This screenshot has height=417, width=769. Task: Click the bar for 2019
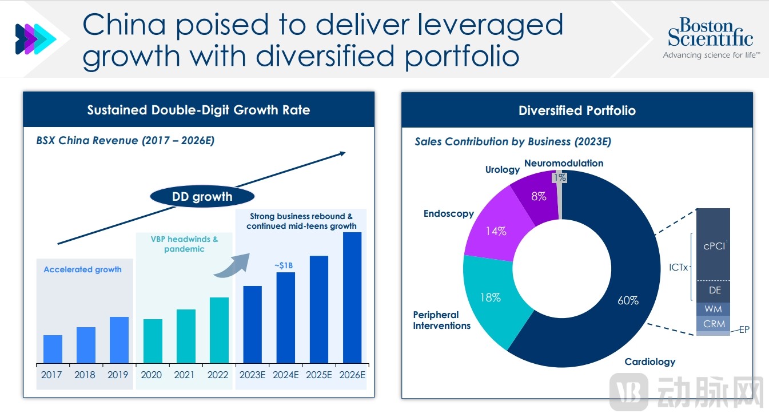tap(119, 340)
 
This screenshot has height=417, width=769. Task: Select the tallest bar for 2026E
tap(352, 297)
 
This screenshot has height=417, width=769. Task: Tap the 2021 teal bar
tap(186, 336)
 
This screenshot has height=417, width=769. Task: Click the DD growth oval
tap(202, 197)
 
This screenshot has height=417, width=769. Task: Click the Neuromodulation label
tap(563, 163)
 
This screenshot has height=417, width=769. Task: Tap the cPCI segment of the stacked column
tap(714, 245)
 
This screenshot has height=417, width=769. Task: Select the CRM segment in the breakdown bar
tap(714, 324)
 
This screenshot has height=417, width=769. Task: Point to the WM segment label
tap(714, 309)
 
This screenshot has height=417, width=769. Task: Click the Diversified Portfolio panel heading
tap(577, 110)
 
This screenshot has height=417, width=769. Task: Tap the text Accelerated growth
tap(83, 269)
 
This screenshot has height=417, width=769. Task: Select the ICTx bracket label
tap(679, 267)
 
